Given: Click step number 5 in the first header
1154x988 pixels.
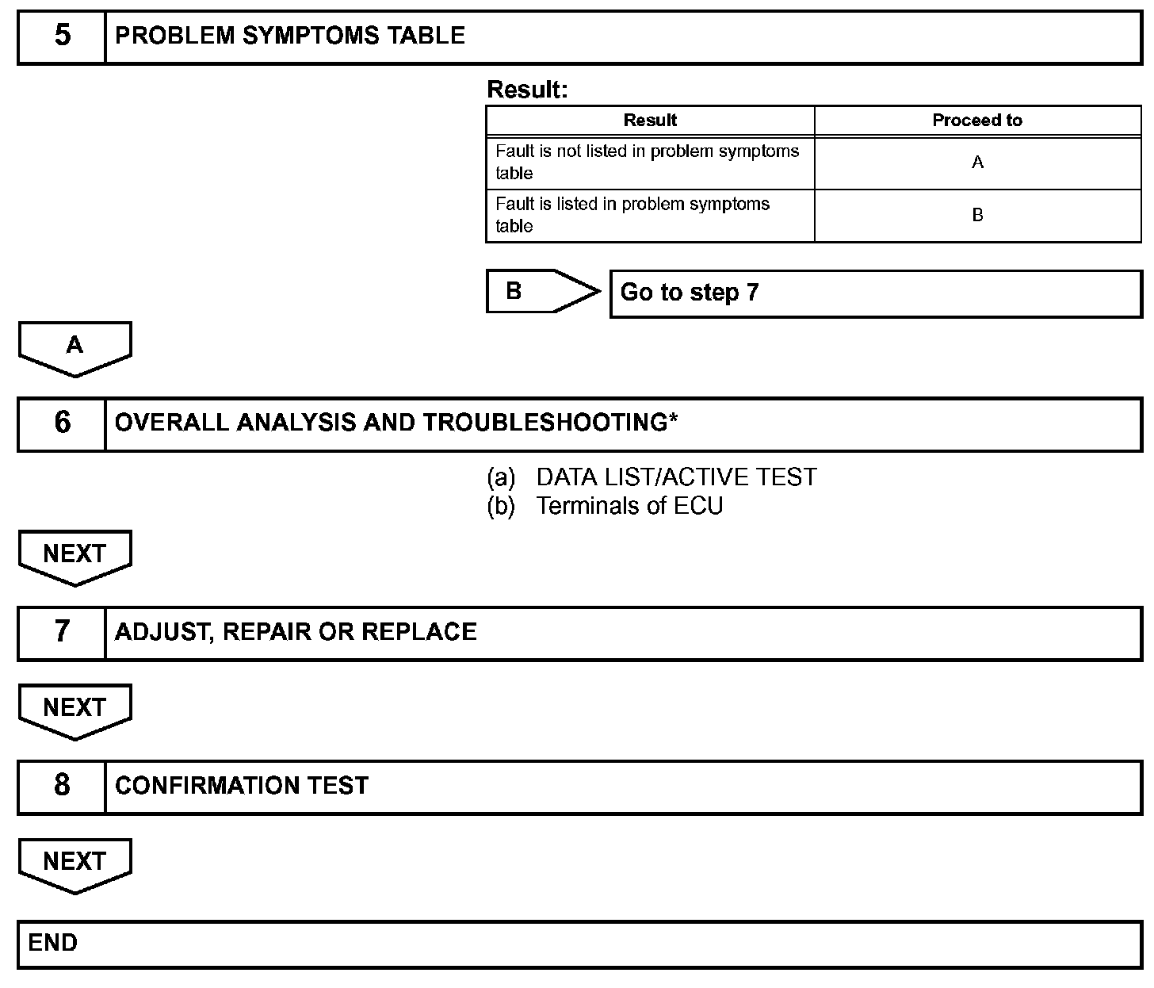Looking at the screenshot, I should click(x=62, y=36).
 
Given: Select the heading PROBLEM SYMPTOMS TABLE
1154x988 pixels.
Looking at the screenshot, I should click(x=290, y=36).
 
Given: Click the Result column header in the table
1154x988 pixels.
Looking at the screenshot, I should click(x=650, y=121).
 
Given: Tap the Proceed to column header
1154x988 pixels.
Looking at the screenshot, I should click(x=977, y=121).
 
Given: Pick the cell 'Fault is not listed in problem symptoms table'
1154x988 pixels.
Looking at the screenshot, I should click(x=648, y=163).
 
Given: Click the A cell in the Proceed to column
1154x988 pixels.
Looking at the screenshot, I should click(x=977, y=163).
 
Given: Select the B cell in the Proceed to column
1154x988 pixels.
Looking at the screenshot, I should click(x=977, y=215).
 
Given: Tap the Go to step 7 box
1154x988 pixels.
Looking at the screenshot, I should click(x=875, y=293).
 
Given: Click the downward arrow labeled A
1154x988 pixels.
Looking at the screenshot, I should click(x=75, y=347).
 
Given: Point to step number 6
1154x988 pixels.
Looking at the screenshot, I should click(x=62, y=423).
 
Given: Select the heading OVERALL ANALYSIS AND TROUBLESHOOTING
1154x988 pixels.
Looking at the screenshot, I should click(x=396, y=423).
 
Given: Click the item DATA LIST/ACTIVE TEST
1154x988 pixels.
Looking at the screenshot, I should click(x=675, y=477).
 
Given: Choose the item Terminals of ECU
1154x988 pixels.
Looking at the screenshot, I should click(x=629, y=506).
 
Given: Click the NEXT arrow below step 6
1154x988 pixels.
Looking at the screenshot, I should click(x=75, y=556).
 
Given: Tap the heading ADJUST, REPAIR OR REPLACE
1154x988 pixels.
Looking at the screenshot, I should click(x=296, y=632).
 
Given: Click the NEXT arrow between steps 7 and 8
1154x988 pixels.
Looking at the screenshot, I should click(x=75, y=710).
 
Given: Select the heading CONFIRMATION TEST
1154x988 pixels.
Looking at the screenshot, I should click(x=242, y=786).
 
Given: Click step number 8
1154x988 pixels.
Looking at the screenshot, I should click(x=62, y=785).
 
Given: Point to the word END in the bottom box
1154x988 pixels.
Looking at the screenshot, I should click(x=53, y=943).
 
